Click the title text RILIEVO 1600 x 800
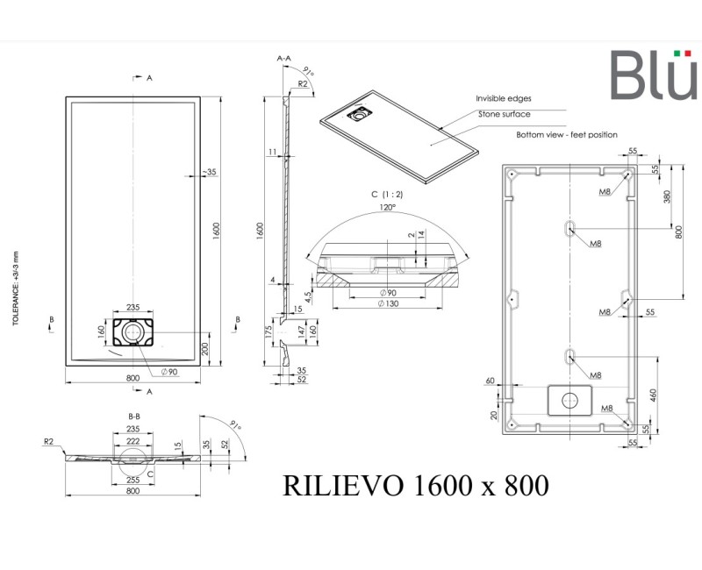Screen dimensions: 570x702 [416, 485]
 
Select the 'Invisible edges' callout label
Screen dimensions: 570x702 [503, 99]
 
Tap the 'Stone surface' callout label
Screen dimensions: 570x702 [504, 114]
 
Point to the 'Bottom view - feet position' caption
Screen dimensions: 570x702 [566, 135]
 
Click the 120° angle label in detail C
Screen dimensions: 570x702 [387, 207]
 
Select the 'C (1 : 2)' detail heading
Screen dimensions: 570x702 [387, 194]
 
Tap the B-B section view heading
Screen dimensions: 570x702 [135, 416]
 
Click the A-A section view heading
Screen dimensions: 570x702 [283, 58]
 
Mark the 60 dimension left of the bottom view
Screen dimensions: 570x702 [490, 381]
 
